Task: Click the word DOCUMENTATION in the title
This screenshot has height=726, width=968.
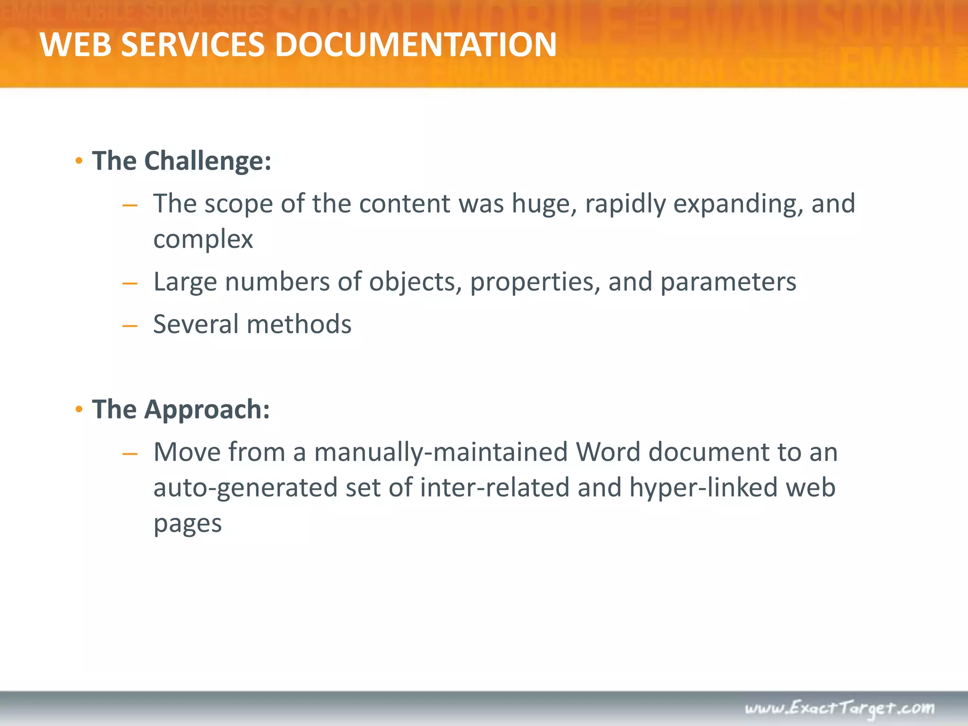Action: [x=415, y=45]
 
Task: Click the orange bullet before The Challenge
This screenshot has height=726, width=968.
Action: [x=79, y=161]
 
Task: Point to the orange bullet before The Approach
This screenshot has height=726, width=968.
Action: [x=79, y=409]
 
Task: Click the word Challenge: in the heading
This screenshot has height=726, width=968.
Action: [x=207, y=161]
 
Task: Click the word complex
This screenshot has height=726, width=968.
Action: [x=203, y=239]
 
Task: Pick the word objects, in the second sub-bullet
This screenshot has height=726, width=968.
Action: [x=415, y=282]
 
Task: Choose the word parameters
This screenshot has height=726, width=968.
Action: [x=728, y=282]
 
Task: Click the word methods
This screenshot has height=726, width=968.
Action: [x=299, y=324]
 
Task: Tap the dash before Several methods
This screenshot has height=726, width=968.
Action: [x=130, y=326]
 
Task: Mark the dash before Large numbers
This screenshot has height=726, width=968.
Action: [x=130, y=284]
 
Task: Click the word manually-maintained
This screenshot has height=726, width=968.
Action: [x=441, y=452]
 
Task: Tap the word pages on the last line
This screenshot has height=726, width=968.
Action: [x=188, y=524]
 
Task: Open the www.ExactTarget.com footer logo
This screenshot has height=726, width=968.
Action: [x=839, y=708]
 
